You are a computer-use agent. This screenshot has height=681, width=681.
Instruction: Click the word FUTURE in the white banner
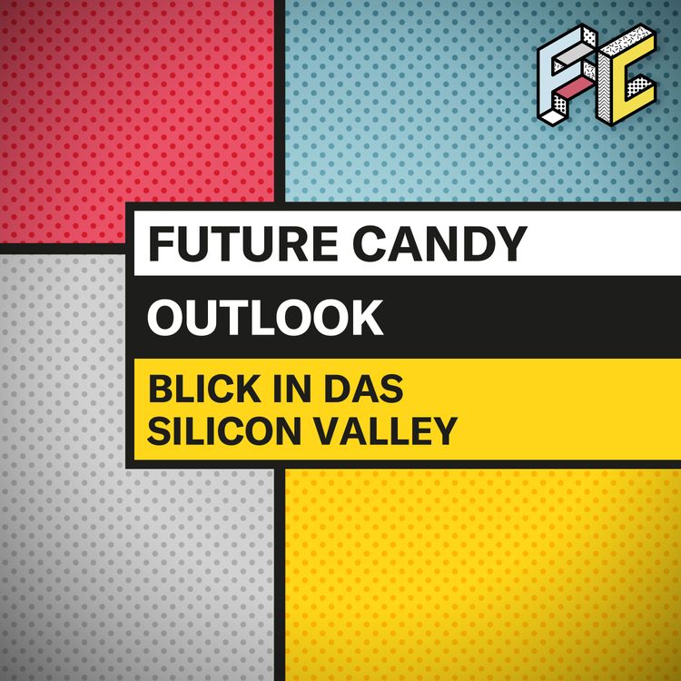(x=229, y=243)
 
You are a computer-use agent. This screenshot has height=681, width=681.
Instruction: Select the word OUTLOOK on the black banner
(x=265, y=318)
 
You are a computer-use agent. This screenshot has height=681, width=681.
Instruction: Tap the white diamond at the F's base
(x=556, y=113)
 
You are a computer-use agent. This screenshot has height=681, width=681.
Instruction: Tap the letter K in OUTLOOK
(x=367, y=318)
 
